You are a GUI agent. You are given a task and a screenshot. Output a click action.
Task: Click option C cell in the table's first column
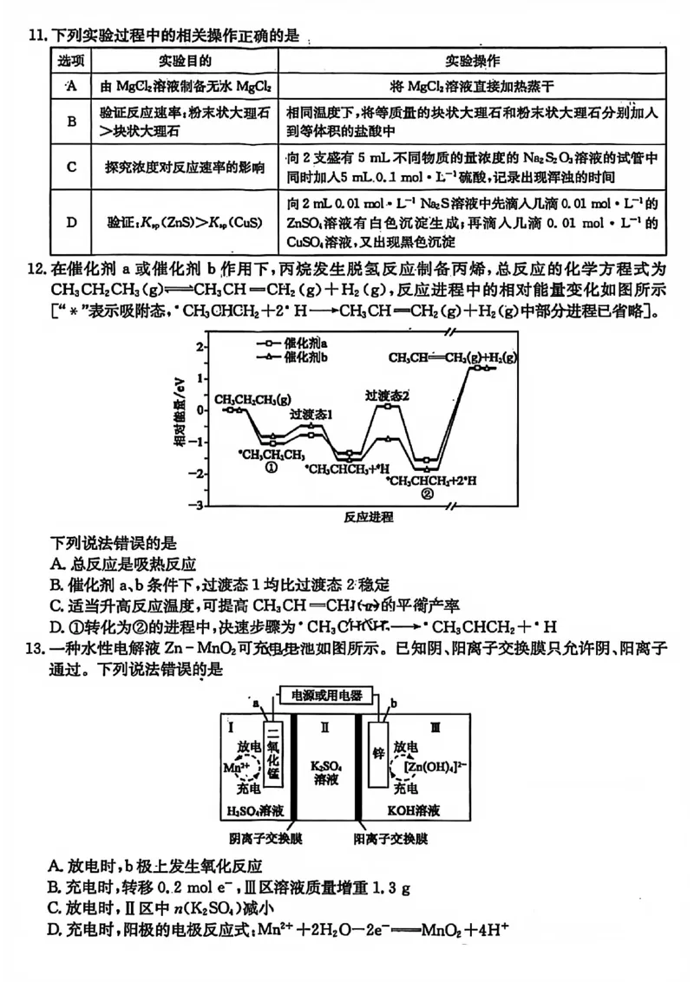click(x=72, y=167)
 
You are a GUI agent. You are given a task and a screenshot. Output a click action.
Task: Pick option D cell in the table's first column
click(x=72, y=222)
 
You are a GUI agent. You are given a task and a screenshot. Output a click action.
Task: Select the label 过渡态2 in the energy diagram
click(x=387, y=396)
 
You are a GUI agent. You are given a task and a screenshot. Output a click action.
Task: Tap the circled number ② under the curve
click(x=427, y=494)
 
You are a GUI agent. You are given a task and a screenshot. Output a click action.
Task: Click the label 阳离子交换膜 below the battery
click(x=391, y=839)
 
